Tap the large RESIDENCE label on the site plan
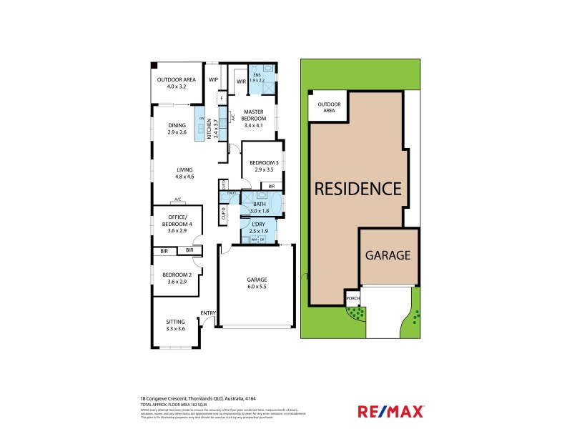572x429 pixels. click(x=358, y=189)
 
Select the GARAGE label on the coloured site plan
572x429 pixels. click(x=388, y=255)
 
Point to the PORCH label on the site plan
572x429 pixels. click(x=352, y=299)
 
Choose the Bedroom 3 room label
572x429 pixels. click(x=262, y=164)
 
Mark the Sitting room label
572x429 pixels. click(x=175, y=322)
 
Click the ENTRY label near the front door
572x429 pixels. click(x=208, y=313)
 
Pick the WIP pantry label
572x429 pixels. click(x=213, y=79)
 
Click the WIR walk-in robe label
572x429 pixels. click(x=241, y=81)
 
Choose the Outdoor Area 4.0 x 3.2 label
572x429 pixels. click(x=176, y=79)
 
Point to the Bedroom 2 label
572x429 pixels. click(x=177, y=275)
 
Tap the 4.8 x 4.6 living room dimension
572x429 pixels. click(x=186, y=176)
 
